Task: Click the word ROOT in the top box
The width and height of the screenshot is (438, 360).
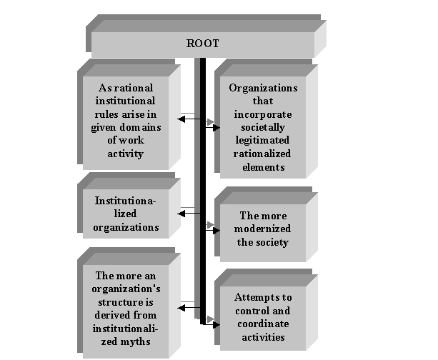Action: tap(202, 44)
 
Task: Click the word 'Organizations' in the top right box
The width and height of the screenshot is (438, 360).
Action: tap(263, 88)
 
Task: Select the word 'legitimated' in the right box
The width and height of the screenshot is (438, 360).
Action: tap(262, 141)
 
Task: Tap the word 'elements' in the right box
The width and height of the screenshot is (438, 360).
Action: tap(264, 167)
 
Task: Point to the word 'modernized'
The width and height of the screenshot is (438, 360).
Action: tap(262, 229)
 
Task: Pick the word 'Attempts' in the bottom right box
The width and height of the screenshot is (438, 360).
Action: tap(255, 297)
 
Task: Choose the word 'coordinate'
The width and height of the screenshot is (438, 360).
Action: tap(263, 324)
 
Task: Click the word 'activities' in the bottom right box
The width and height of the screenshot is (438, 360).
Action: tap(263, 337)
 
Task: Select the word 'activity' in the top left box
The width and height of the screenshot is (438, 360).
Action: tap(126, 154)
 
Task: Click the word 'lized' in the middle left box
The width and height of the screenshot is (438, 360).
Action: tap(125, 214)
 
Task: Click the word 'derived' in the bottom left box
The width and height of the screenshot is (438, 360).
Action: tap(109, 315)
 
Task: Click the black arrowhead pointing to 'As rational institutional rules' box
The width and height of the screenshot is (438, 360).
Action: tap(181, 119)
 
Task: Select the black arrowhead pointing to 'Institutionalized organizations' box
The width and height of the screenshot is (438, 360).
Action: tap(181, 214)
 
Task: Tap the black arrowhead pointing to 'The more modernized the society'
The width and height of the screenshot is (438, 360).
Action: tap(216, 231)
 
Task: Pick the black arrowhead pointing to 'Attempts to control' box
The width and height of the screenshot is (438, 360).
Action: tap(216, 325)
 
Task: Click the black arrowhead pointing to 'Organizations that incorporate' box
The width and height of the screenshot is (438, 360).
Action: tap(216, 128)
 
